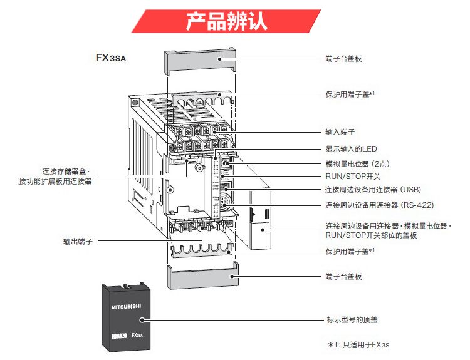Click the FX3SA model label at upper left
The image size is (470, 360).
click(x=113, y=58)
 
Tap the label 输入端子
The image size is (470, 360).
click(x=340, y=132)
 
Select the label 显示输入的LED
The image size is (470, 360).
click(x=351, y=148)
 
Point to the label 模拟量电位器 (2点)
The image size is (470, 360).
click(x=358, y=163)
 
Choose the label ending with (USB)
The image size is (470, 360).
click(x=373, y=190)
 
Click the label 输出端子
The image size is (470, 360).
click(x=78, y=240)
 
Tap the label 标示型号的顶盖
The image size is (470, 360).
click(x=352, y=319)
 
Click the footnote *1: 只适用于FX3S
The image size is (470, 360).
click(x=363, y=345)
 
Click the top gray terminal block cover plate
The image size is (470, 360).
click(x=201, y=60)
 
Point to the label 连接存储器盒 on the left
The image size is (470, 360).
click(x=66, y=171)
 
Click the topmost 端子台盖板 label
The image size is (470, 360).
click(x=344, y=59)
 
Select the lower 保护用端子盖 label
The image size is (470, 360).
click(x=350, y=251)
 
